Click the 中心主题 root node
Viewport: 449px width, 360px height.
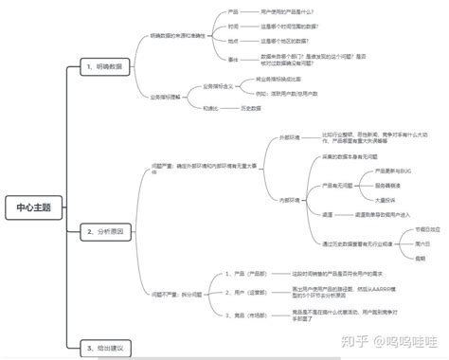coord(34,207)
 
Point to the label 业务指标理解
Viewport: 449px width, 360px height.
coord(163,97)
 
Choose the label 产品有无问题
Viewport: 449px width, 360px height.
coord(337,186)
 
